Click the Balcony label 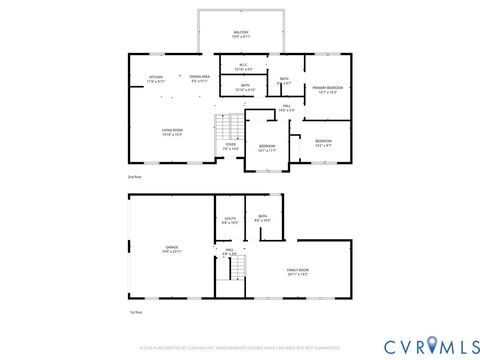241,34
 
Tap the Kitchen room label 156,78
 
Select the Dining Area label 199,78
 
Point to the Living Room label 172,132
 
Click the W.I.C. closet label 243,67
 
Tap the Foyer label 230,146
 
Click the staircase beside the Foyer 230,127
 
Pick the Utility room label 229,220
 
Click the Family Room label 297,272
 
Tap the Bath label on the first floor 262,219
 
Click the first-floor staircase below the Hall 236,268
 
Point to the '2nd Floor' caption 134,177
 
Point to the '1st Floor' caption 134,313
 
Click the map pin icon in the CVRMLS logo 433,345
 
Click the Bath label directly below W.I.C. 244,88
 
